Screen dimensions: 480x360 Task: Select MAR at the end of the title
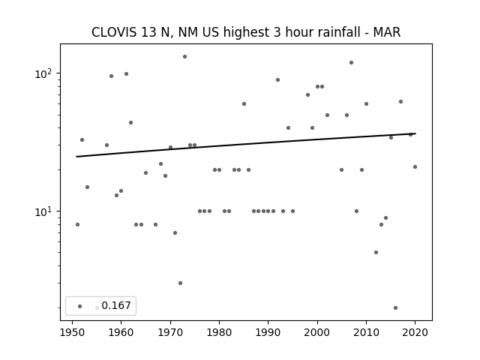coord(387,32)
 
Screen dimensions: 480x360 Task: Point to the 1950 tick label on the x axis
coord(72,332)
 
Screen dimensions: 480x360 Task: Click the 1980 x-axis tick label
coord(219,332)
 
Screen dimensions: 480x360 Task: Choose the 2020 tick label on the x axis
coord(415,332)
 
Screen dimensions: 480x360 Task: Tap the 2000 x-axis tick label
coord(317,332)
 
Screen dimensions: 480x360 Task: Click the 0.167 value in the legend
coord(116,305)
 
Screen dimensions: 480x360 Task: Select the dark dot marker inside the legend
coord(80,306)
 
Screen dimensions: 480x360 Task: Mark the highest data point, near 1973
coord(185,57)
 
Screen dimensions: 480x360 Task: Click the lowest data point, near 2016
coord(395,307)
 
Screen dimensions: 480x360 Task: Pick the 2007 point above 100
coord(352,63)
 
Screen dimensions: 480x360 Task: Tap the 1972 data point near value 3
coord(180,283)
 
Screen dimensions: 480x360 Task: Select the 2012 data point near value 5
coord(376,252)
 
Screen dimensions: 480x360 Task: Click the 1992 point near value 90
coord(278,80)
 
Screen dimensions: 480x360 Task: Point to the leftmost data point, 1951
coord(77,225)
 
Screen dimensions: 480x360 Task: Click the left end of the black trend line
coord(76,157)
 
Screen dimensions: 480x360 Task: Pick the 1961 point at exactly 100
coord(126,73)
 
